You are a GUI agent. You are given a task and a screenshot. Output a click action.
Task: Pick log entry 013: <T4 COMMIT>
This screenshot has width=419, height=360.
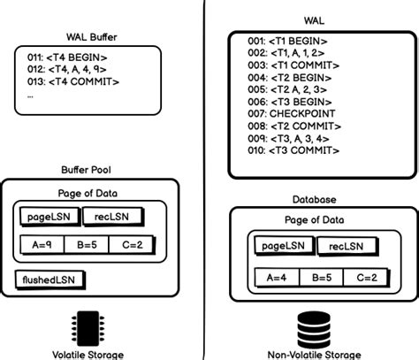tap(68, 82)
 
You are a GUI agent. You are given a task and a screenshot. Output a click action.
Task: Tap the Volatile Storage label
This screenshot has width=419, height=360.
tap(88, 354)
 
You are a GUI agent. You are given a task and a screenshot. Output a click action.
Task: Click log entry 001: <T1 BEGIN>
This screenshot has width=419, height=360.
tap(288, 41)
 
